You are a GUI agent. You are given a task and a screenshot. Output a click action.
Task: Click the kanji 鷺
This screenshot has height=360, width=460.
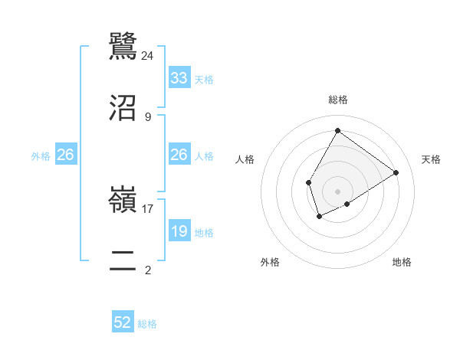(123, 45)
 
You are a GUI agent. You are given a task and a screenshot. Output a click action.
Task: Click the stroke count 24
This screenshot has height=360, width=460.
(148, 55)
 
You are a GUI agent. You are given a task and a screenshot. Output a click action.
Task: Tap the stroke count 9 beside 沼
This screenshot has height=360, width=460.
(148, 117)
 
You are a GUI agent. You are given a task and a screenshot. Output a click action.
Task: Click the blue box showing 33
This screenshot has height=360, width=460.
(179, 78)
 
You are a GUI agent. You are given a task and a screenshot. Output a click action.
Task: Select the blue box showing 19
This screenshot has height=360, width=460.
(179, 231)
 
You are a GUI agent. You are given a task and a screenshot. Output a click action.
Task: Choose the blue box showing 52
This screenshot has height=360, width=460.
(123, 323)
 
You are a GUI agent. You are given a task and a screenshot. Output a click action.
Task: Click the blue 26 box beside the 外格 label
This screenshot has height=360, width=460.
(66, 155)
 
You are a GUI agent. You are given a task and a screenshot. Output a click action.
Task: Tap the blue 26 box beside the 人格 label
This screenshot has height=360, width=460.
(179, 155)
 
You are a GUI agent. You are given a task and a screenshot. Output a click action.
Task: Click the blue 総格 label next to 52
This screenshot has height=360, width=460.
(147, 324)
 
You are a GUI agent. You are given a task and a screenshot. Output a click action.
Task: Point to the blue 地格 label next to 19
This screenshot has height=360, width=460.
(204, 232)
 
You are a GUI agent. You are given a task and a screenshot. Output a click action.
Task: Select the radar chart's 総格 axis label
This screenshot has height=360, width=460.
(338, 100)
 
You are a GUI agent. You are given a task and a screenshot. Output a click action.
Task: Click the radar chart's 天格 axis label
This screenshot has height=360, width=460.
(431, 159)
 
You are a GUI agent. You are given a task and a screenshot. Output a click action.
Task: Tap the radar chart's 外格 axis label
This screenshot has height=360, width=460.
(270, 262)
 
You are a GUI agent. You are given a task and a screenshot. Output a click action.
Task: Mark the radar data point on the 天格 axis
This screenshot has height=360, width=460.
(396, 172)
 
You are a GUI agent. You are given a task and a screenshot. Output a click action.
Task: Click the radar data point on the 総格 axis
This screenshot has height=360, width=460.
(337, 131)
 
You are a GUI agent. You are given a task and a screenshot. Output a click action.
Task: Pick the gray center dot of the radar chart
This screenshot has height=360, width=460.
(337, 191)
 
